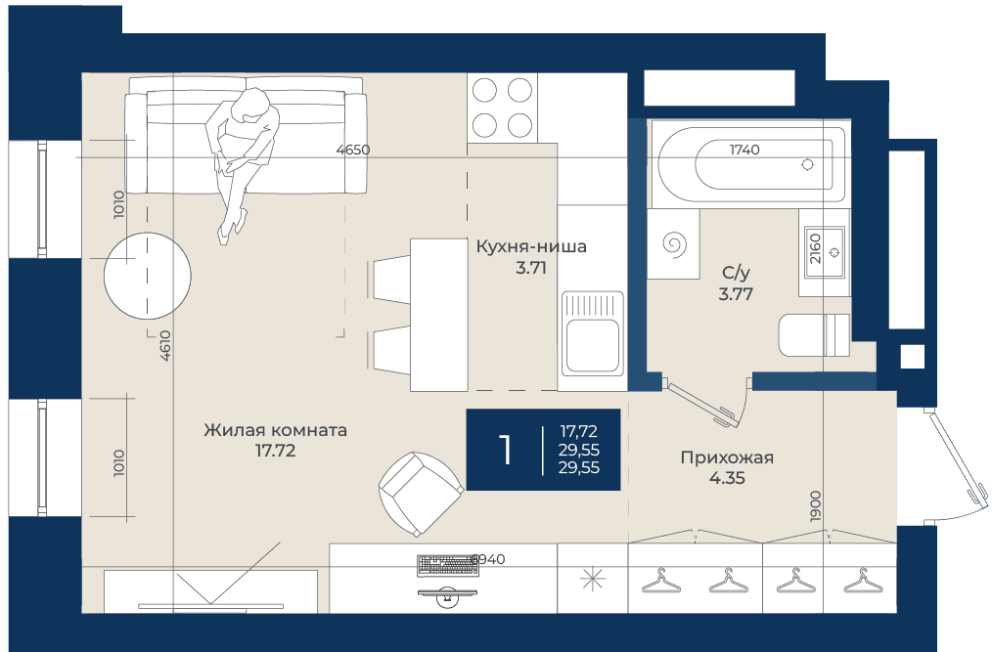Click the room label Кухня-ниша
coord(531,246)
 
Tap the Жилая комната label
coord(275,430)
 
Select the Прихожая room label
coord(727,457)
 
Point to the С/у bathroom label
coord(736,273)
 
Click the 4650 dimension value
coord(353,150)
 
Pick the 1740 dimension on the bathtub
coord(744,150)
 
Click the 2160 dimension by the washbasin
coord(815,248)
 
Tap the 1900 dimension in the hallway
coord(816,506)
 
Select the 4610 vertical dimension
coord(165,345)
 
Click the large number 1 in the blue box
coord(505,450)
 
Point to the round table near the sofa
coord(148,276)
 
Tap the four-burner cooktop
coord(502,109)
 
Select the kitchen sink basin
coord(592,345)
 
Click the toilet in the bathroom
coord(814,335)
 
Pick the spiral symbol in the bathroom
coord(674,244)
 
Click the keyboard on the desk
coord(447,566)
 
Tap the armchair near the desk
coord(421,494)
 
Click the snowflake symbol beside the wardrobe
coord(592,579)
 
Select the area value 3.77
coord(736,294)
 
